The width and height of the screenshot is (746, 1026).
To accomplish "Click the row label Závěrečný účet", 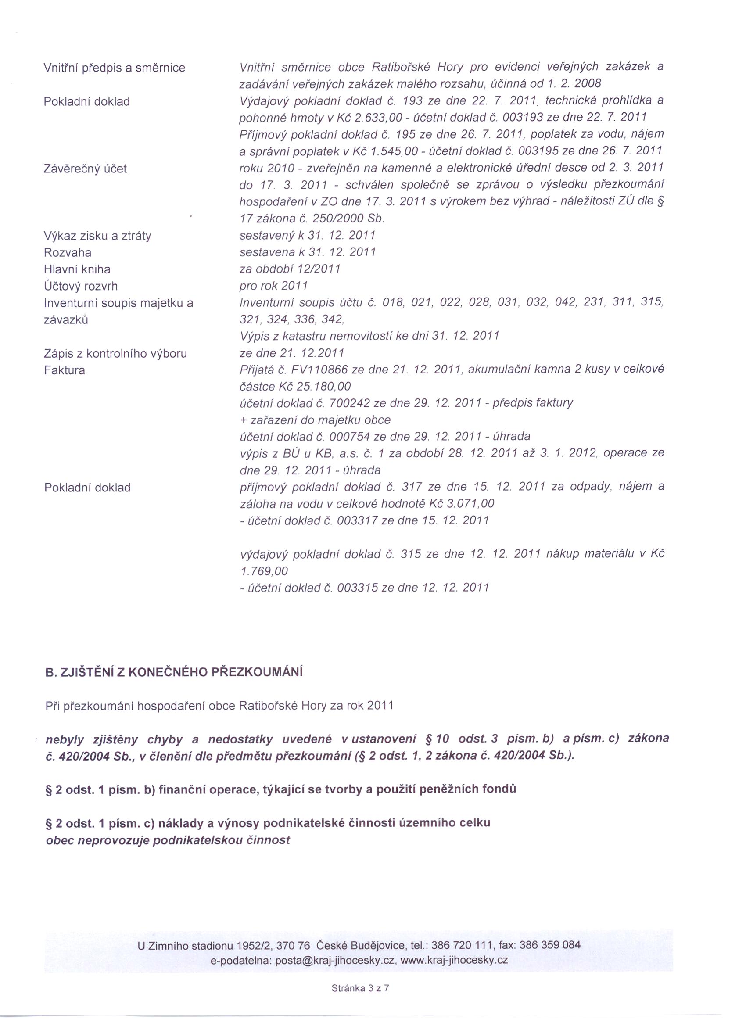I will pyautogui.click(x=85, y=169).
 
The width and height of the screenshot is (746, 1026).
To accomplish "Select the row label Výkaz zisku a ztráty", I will pyautogui.click(x=97, y=236).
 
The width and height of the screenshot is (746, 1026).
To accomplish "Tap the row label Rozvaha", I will pyautogui.click(x=68, y=252).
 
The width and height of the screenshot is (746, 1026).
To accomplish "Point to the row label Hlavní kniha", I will pyautogui.click(x=77, y=269).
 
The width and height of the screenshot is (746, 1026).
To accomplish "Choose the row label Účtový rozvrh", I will pyautogui.click(x=81, y=286).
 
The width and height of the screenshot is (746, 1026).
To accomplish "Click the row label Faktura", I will pyautogui.click(x=64, y=370).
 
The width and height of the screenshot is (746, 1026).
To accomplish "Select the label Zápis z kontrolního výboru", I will pyautogui.click(x=115, y=353).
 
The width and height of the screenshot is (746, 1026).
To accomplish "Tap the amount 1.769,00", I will pyautogui.click(x=265, y=571).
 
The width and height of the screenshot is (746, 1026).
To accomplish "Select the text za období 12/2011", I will pyautogui.click(x=290, y=269).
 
